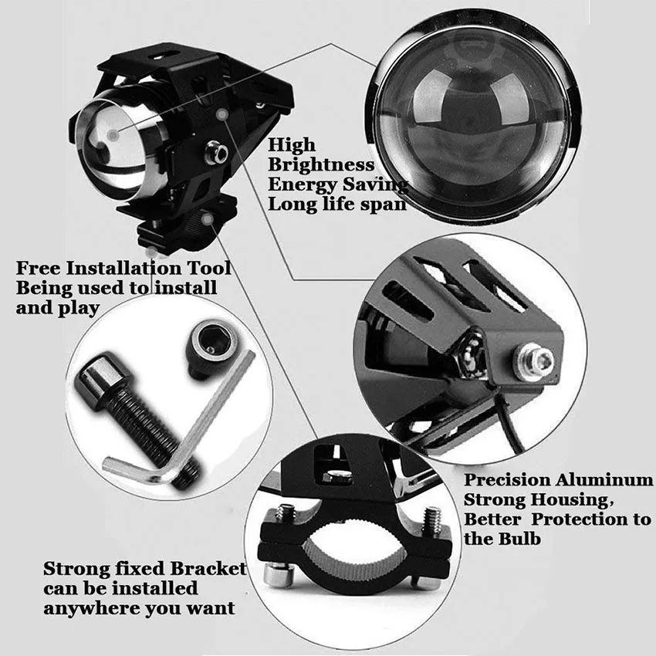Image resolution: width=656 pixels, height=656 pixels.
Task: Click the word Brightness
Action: pyautogui.click(x=321, y=165)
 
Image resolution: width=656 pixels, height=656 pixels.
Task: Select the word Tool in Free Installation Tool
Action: pyautogui.click(x=209, y=268)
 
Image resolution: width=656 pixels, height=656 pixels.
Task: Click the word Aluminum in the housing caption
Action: pyautogui.click(x=604, y=480)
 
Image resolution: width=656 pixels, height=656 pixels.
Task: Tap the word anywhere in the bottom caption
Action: pyautogui.click(x=92, y=609)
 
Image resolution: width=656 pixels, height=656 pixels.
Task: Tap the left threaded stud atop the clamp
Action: pyautogui.click(x=285, y=515)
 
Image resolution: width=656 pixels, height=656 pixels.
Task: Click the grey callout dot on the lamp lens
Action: pyautogui.click(x=113, y=135)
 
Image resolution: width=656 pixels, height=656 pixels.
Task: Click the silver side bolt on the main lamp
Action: pyautogui.click(x=216, y=152)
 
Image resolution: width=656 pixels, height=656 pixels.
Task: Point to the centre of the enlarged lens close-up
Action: pyautogui.click(x=473, y=117)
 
